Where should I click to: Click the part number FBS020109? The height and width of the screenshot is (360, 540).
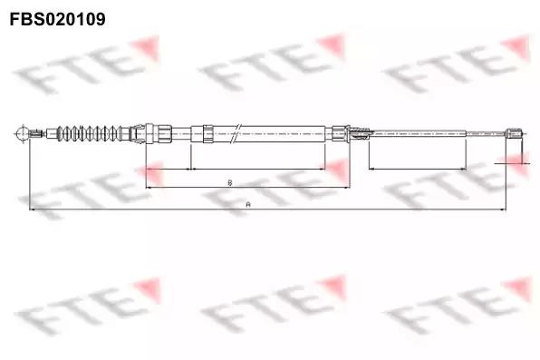[x=57, y=19]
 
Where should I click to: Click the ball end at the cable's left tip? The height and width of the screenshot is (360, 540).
[x=22, y=133]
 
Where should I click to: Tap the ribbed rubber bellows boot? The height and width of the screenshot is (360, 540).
[x=91, y=133]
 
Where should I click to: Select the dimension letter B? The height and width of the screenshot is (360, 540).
[x=230, y=182]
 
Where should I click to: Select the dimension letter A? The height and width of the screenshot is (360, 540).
[x=248, y=204]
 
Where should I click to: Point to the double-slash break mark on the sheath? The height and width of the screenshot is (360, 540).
[x=237, y=132]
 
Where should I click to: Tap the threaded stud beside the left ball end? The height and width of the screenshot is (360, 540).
[x=36, y=133]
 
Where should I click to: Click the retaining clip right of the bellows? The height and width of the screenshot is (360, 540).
[x=138, y=133]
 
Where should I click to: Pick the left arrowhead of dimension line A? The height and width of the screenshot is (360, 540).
[x=32, y=209]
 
